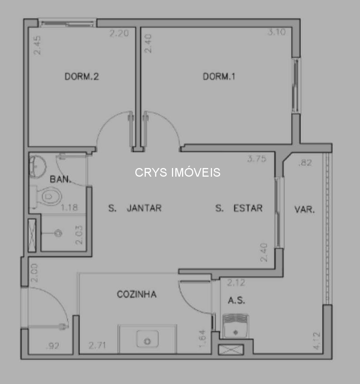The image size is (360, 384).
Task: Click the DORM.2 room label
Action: (x=81, y=77)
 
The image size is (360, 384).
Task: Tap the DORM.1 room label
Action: (x=219, y=77)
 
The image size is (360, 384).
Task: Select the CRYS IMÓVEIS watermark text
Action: (x=178, y=173)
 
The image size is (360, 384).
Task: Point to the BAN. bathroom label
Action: (x=60, y=179)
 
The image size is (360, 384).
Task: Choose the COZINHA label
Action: (x=136, y=294)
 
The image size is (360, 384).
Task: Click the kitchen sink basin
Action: (x=147, y=340)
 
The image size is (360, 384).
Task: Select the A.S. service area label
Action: (x=236, y=301)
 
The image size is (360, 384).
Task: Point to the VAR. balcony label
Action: (x=304, y=210)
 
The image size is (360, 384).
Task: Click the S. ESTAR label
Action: (x=239, y=208)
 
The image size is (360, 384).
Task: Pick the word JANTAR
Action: (x=144, y=208)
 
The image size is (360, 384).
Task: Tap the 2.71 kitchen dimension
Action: (x=97, y=345)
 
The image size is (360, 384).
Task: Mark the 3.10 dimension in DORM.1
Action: (x=276, y=32)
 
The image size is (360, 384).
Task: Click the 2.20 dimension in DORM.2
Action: (x=119, y=33)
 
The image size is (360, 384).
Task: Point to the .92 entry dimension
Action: (x=52, y=346)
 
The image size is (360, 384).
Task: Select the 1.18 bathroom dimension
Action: (x=69, y=207)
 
